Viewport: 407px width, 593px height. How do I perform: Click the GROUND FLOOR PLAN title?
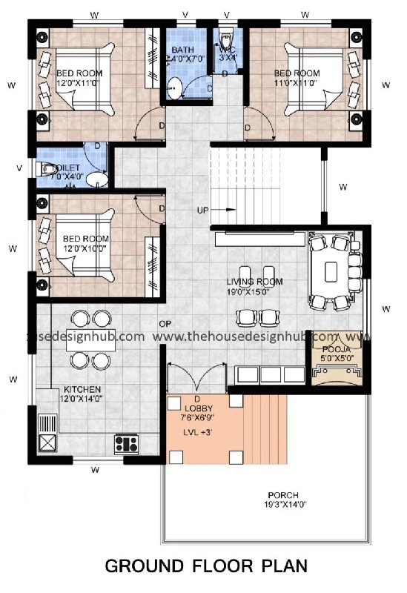click(205, 567)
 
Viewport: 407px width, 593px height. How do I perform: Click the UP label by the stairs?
click(202, 210)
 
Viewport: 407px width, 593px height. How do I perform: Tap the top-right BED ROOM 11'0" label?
click(297, 78)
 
